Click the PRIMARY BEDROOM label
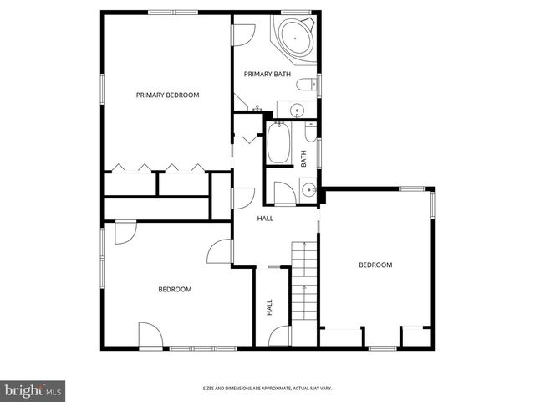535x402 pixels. tap(167, 95)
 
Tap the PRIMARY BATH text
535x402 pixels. tap(267, 74)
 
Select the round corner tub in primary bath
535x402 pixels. tap(295, 38)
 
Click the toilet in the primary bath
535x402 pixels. tap(307, 84)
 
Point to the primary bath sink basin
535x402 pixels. tap(298, 111)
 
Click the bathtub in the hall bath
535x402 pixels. tap(278, 143)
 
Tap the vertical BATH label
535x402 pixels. tap(303, 159)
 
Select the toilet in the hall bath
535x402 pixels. tap(310, 132)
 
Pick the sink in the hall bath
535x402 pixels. tap(309, 188)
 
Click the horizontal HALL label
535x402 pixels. tap(265, 219)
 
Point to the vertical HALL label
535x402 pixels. tap(269, 307)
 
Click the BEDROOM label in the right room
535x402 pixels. tap(375, 265)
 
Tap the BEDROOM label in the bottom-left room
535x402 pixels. tap(175, 290)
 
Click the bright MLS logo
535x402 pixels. tap(33, 391)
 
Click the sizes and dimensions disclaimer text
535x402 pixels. tap(267, 389)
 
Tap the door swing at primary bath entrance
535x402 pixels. tap(243, 35)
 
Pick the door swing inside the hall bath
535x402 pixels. tap(285, 193)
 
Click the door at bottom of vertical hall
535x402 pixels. tap(279, 336)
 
